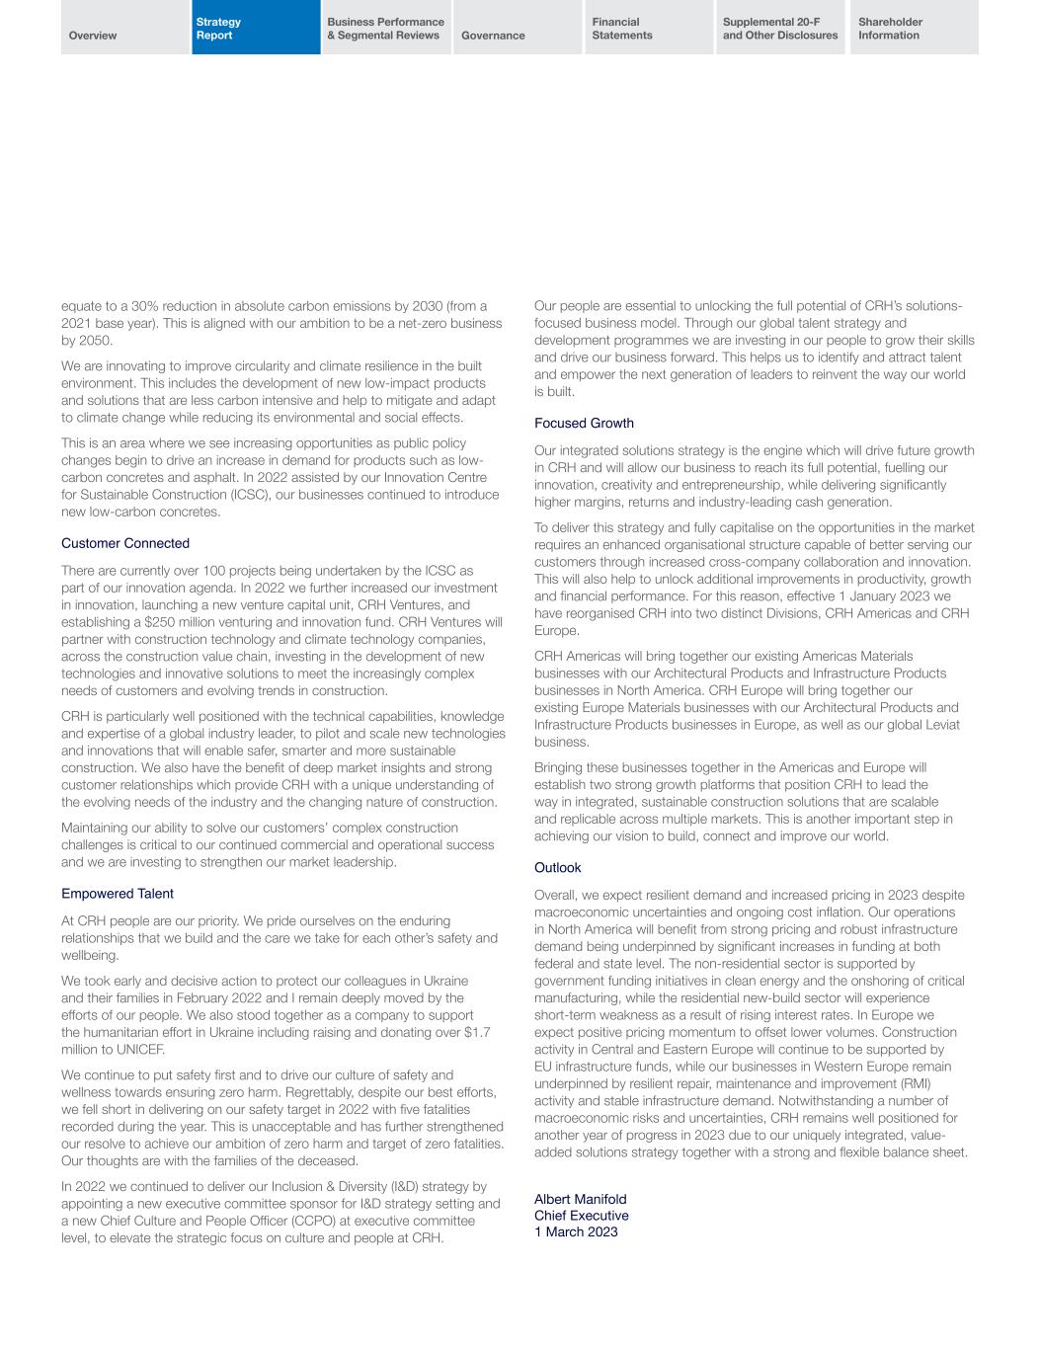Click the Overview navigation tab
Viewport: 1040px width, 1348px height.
pos(93,36)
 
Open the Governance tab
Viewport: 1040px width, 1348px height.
pos(493,36)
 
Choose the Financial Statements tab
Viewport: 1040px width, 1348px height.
pos(622,29)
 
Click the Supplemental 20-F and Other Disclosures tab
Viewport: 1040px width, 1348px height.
pos(780,29)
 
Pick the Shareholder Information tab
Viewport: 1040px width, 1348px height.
pos(890,29)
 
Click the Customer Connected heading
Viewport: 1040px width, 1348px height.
pos(125,543)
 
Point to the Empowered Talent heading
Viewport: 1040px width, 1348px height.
pos(117,894)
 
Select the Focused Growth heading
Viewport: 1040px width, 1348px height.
pos(584,423)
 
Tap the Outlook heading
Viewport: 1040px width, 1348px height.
pos(557,867)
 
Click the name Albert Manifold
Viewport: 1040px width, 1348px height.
pos(580,1199)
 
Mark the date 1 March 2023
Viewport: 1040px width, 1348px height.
pos(576,1231)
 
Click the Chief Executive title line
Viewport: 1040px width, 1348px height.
pos(581,1216)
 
